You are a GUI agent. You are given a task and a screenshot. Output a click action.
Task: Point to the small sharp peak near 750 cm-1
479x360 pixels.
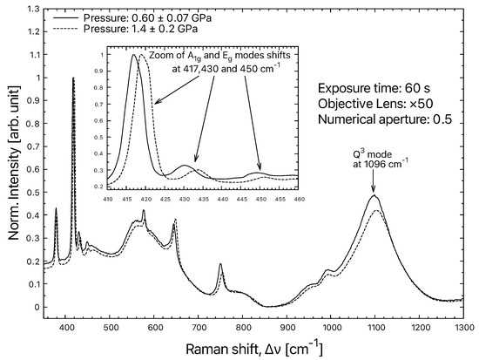220,264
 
